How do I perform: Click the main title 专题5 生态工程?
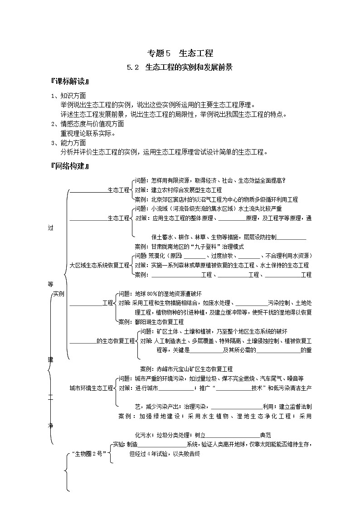pos(180,53)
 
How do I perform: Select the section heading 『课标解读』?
pos(70,82)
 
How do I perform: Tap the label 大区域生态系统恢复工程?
pos(99,265)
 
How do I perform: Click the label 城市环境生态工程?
pos(91,388)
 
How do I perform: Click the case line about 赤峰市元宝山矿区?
pos(186,369)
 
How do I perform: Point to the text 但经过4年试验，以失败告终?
pos(165,453)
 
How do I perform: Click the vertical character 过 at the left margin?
pos(50,228)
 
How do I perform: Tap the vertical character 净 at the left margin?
pos(50,426)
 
